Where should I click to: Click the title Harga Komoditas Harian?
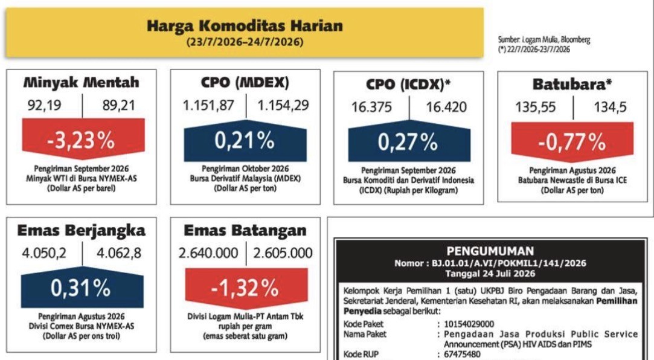tap(245, 26)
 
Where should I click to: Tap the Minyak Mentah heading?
tap(82, 82)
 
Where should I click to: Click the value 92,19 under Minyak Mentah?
tap(45, 105)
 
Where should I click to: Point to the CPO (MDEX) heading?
tap(245, 82)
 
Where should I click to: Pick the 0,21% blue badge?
tap(245, 141)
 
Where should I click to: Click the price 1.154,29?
tap(283, 105)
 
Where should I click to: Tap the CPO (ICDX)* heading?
tap(408, 85)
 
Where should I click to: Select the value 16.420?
tap(446, 107)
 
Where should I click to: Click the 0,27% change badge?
tap(409, 141)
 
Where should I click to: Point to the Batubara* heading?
tap(572, 85)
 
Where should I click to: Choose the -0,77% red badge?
tap(572, 142)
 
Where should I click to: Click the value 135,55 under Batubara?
tap(536, 107)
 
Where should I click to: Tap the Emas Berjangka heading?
tap(82, 230)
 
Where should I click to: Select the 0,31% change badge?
tap(82, 288)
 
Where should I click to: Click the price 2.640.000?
tap(208, 253)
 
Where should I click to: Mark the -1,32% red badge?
tap(246, 288)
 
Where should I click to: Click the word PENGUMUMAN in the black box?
tap(490, 251)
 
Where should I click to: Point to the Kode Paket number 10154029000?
tap(469, 324)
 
